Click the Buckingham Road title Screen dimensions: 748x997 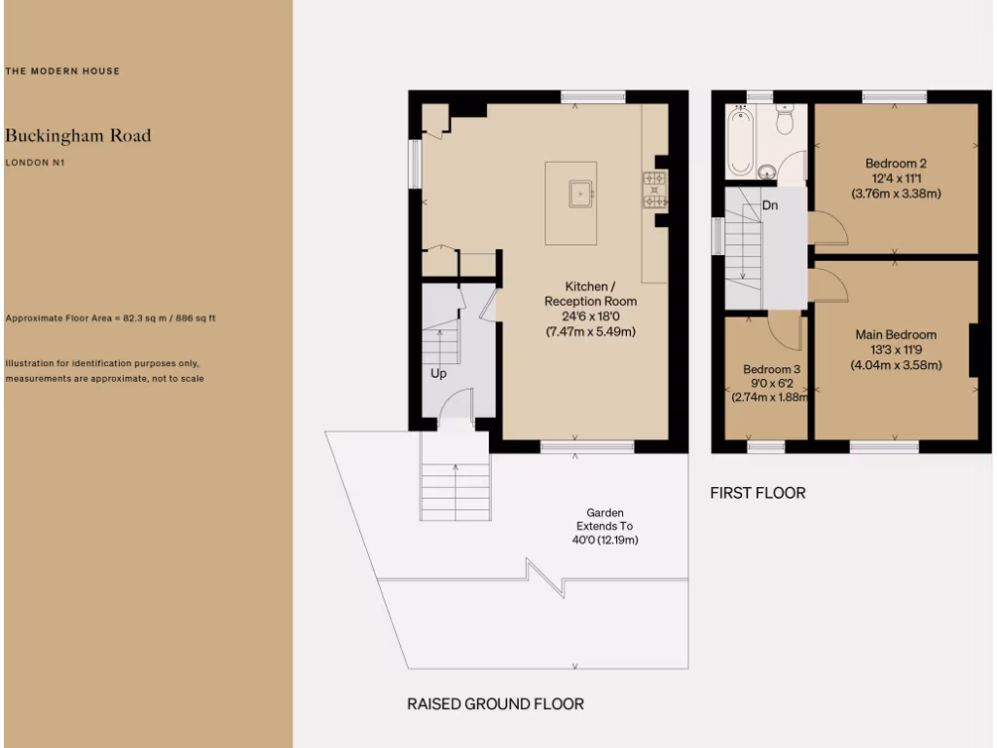[x=78, y=135]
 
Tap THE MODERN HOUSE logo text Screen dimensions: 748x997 [x=62, y=71]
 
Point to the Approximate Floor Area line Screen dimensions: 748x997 [x=110, y=318]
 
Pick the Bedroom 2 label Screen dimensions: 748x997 [x=896, y=164]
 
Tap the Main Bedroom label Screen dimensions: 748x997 [x=896, y=335]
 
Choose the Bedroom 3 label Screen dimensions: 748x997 [x=771, y=370]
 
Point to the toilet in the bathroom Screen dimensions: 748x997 [x=785, y=122]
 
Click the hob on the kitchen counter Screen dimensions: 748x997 [x=653, y=190]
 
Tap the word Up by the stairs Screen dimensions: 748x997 [x=439, y=373]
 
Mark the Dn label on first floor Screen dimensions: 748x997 [x=770, y=206]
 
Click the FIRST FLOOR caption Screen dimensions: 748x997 [x=757, y=493]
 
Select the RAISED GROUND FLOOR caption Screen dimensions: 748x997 [x=495, y=703]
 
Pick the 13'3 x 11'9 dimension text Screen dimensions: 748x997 [x=896, y=351]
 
